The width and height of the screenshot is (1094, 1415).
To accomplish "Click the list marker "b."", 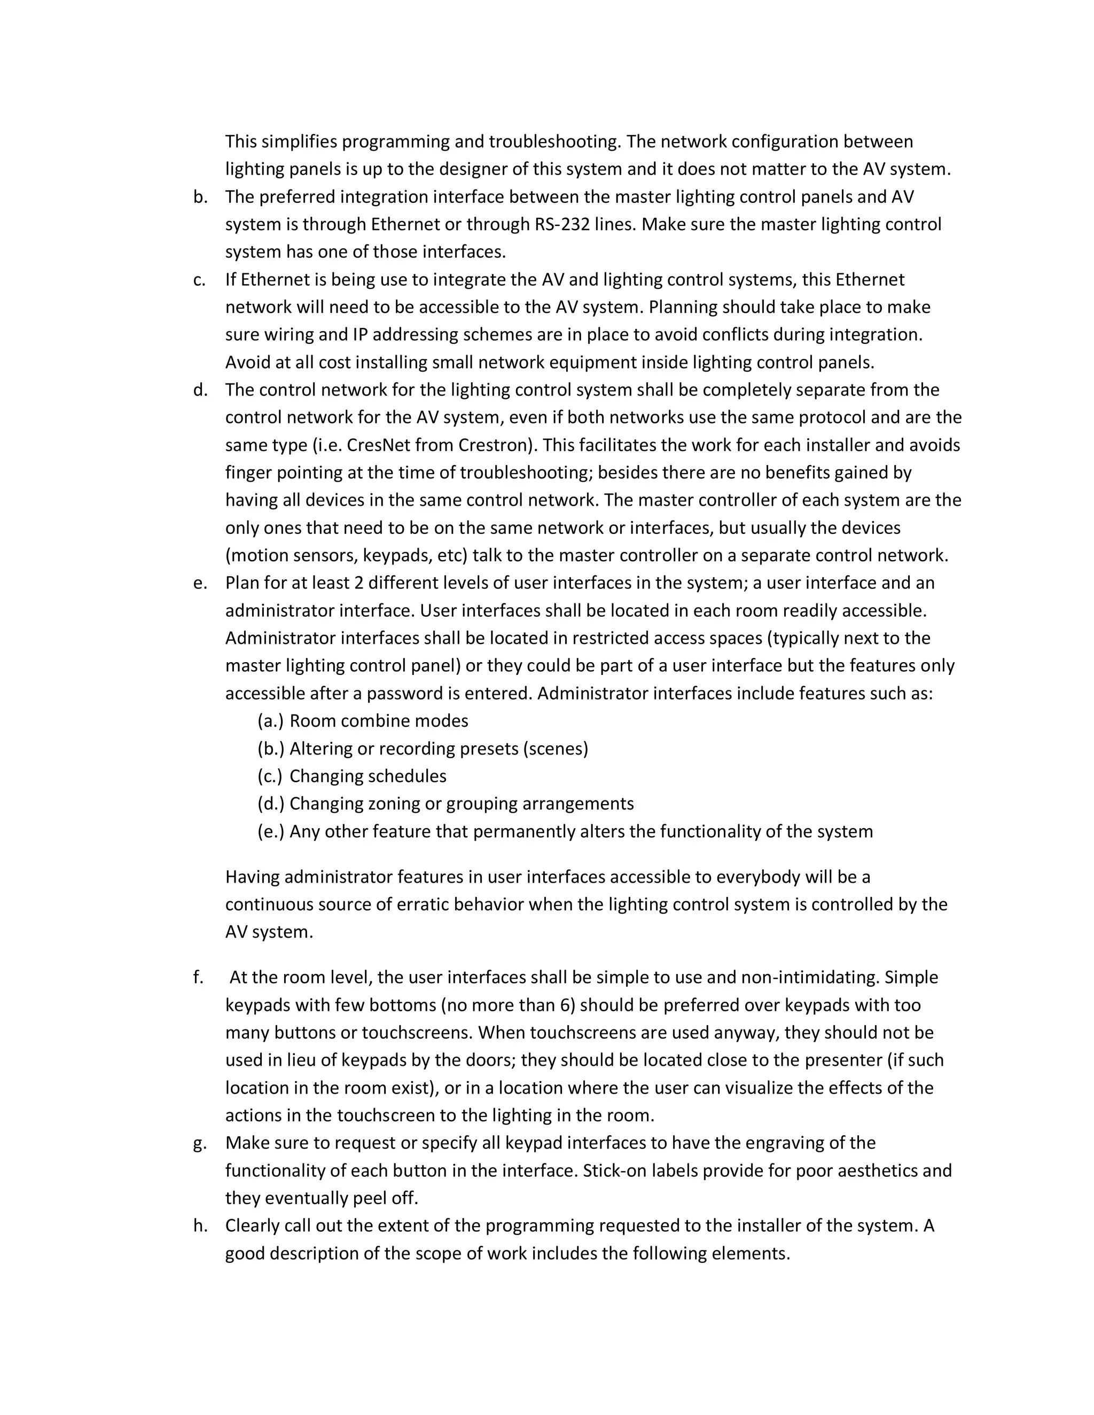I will pyautogui.click(x=200, y=197).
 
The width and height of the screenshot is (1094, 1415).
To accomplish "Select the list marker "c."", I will pyautogui.click(x=200, y=280).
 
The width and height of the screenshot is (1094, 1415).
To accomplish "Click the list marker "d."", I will pyautogui.click(x=200, y=390).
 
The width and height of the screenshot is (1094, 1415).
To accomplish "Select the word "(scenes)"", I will pyautogui.click(x=555, y=749).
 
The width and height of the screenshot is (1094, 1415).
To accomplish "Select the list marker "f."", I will pyautogui.click(x=198, y=978).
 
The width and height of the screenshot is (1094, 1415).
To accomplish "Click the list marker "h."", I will pyautogui.click(x=200, y=1227).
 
